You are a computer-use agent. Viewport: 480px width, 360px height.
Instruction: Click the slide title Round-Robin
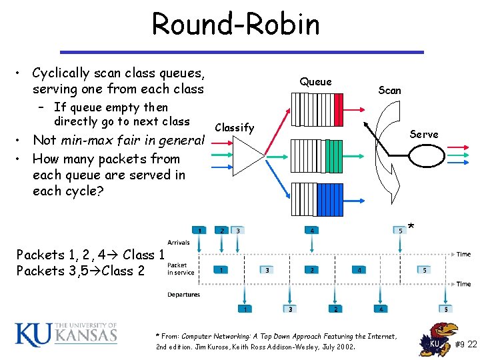(x=236, y=25)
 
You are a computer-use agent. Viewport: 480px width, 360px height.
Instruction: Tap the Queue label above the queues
(x=315, y=81)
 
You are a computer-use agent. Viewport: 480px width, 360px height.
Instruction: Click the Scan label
(x=389, y=90)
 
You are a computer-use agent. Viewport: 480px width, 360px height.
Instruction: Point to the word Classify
(x=235, y=127)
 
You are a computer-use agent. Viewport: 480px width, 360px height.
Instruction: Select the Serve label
(x=424, y=134)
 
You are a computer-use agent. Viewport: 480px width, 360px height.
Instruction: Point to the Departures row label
(x=183, y=294)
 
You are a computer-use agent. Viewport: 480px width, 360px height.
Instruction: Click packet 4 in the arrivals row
(x=311, y=231)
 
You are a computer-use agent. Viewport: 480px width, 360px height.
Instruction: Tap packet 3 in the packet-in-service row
(x=267, y=270)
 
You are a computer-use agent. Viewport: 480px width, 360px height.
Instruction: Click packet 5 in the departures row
(x=445, y=309)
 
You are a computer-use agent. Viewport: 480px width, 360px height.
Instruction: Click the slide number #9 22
(x=466, y=344)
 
